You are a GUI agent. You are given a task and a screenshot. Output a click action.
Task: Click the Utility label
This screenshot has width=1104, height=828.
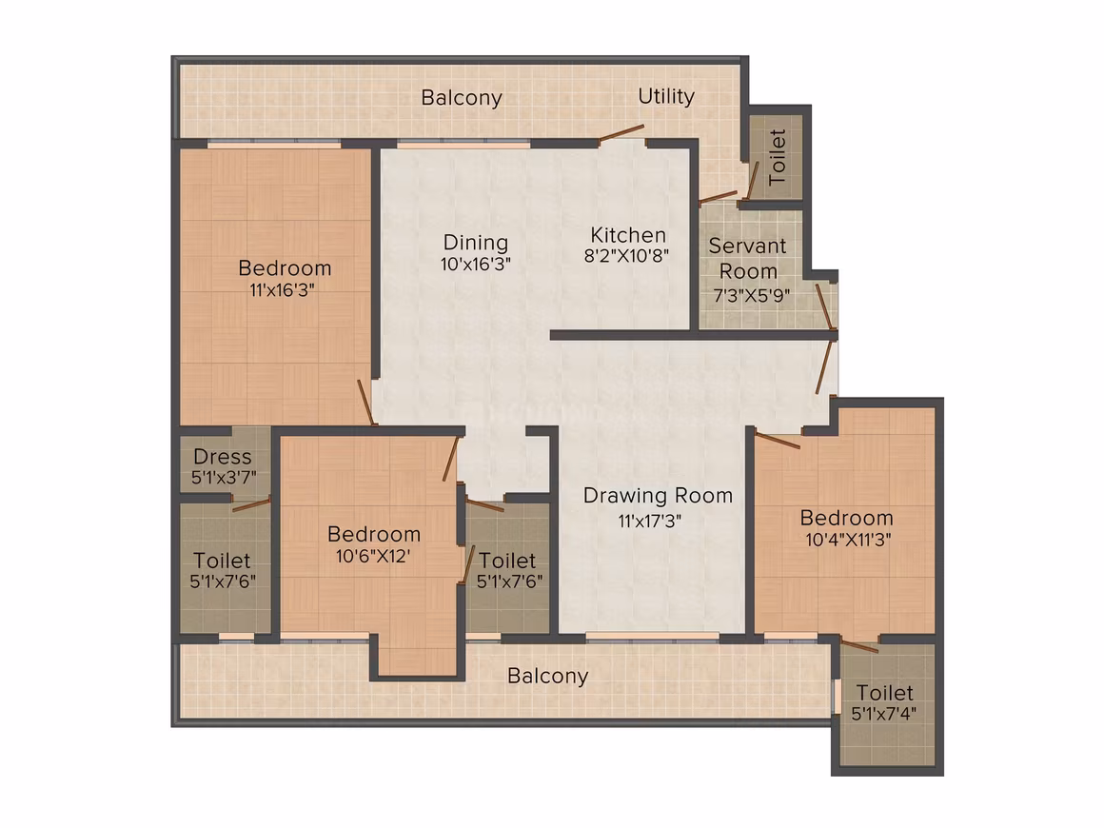pos(666,96)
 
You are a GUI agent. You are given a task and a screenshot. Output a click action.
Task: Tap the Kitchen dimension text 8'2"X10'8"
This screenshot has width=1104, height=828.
pos(626,256)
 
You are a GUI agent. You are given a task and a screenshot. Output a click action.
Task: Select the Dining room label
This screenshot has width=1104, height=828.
pos(475,243)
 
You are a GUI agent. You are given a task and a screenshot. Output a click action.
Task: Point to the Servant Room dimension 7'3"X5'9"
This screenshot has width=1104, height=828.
pos(751,296)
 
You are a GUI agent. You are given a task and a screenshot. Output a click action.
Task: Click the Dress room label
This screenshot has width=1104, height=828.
pos(223,457)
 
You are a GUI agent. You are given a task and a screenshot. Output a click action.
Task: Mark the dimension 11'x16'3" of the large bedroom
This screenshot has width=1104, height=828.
pos(282,289)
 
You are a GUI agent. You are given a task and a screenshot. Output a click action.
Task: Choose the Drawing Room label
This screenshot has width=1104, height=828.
pos(658,496)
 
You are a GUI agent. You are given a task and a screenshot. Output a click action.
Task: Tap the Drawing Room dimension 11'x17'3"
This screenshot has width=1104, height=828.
pos(650,522)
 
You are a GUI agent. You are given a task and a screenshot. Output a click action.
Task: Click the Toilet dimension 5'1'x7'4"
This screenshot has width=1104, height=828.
pos(883,714)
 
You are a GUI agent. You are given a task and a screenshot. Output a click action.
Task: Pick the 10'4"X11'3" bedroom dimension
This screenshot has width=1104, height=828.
pos(848,540)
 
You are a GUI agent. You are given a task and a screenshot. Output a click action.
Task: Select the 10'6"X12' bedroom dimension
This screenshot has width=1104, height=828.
pos(372,556)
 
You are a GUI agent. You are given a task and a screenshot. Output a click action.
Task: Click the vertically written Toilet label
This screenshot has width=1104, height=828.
pos(777,157)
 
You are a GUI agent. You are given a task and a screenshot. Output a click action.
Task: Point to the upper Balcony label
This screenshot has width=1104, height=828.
pos(462,98)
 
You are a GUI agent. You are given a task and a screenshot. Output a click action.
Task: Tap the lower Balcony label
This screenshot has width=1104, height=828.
pos(547,676)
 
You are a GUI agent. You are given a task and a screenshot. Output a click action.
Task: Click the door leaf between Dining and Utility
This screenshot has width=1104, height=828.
pos(621,134)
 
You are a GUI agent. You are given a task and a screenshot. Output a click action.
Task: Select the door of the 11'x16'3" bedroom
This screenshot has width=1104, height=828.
pos(365,403)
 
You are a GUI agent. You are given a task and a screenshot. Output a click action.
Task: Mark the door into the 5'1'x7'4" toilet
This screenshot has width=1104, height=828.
pos(859,646)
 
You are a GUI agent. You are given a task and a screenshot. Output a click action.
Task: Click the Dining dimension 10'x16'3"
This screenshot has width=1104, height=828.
pos(475,264)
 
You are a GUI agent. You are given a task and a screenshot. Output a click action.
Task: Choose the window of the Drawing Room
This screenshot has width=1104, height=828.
pos(652,637)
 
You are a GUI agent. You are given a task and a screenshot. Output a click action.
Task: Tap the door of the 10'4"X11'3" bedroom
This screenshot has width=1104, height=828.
pos(778,440)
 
